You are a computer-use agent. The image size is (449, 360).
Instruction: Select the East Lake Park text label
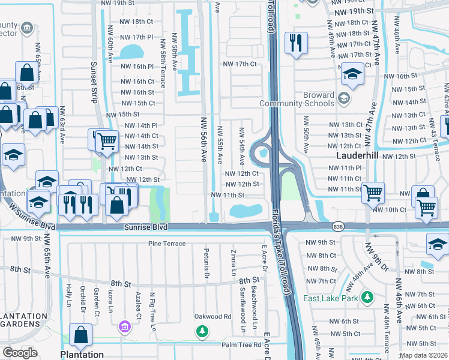click(x=330, y=298)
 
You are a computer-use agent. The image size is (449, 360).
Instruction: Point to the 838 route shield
click(x=339, y=226)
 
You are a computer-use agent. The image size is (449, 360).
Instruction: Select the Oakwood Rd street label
click(x=212, y=316)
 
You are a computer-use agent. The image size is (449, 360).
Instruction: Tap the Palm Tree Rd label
click(x=241, y=344)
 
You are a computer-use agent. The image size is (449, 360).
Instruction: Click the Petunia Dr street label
click(x=205, y=268)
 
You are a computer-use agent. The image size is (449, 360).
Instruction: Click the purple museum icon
click(x=125, y=327)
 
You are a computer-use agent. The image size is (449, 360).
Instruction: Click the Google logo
click(x=20, y=352)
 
